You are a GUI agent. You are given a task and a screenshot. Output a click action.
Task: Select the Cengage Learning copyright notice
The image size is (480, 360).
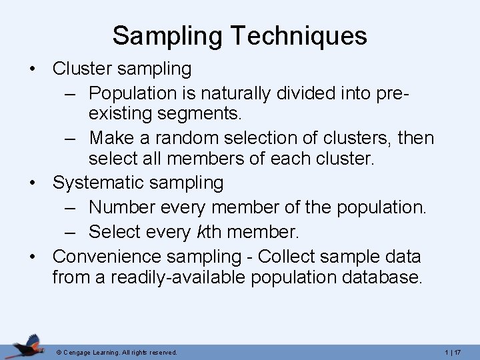pos(117,351)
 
